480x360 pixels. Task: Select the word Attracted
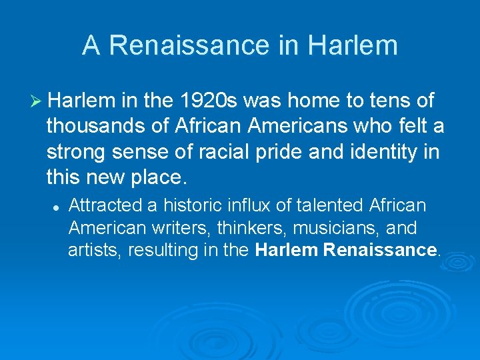point(99,205)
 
